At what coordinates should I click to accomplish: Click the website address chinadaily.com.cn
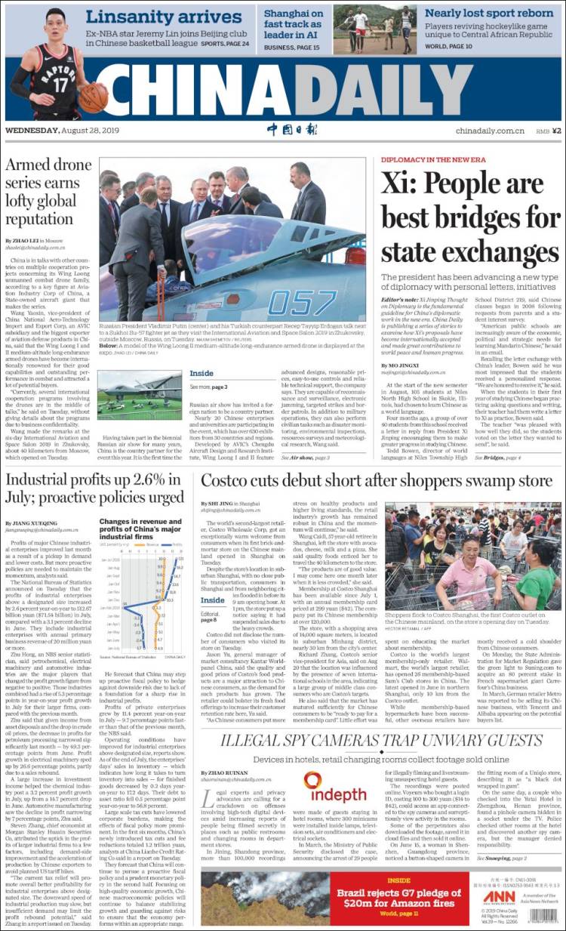pos(490,131)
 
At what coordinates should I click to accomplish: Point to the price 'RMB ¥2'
pos(549,131)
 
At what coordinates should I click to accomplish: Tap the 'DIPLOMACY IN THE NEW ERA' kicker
pos(433,161)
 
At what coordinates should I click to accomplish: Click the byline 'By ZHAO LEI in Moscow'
pos(34,240)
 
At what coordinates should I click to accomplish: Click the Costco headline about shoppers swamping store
pos(376,480)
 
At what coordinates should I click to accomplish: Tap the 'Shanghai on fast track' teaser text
pos(294,23)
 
